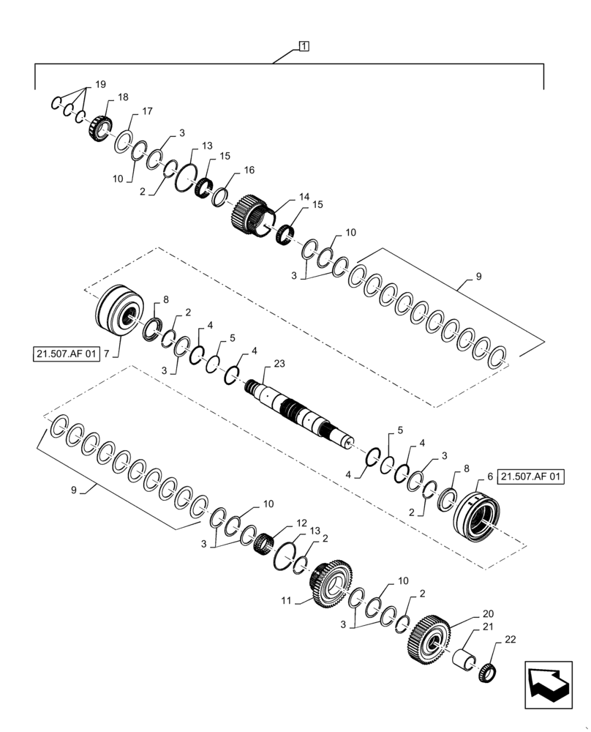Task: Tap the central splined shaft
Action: (301, 414)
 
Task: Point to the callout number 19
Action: (100, 84)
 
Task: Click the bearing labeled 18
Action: (99, 129)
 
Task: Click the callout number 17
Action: (147, 111)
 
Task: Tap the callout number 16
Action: (249, 170)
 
